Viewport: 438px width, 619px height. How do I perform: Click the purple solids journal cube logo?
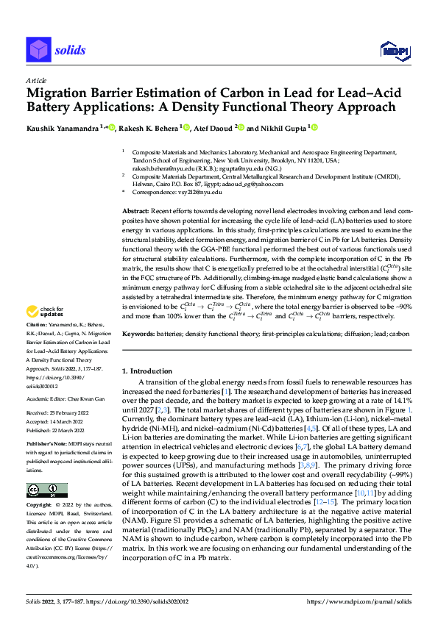(38, 50)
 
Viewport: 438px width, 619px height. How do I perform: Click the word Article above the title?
(36, 80)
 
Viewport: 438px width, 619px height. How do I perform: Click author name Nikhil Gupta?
(283, 128)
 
